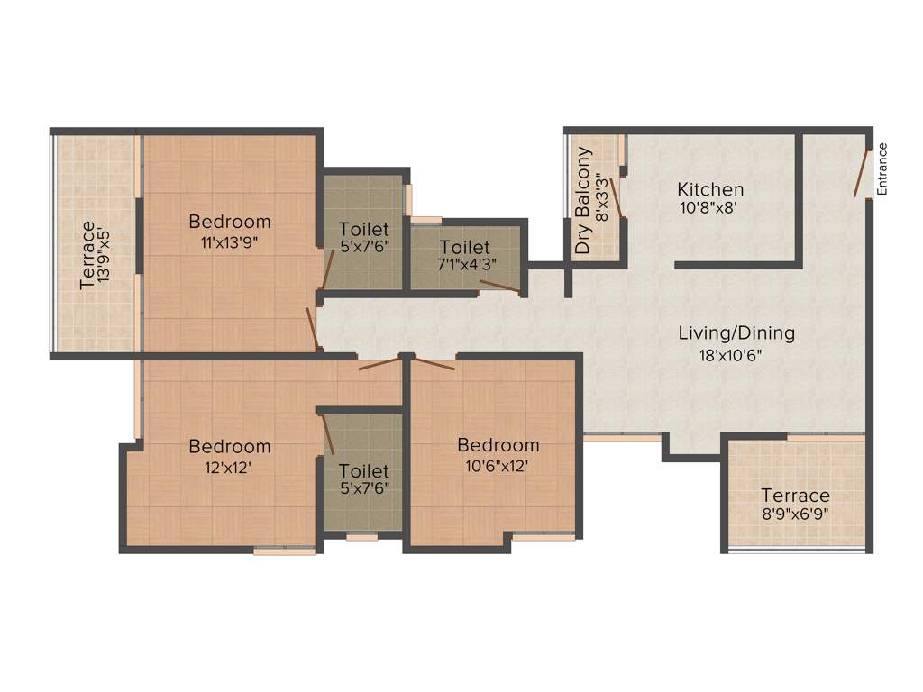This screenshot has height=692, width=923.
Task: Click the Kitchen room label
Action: [x=710, y=189]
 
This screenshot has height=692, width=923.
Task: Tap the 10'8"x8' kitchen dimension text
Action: [x=710, y=207]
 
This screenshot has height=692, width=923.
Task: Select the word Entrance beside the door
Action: [x=882, y=169]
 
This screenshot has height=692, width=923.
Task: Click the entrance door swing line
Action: [x=863, y=172]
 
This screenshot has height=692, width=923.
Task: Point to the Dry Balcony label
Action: [x=584, y=200]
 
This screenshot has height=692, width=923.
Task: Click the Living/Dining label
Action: [x=736, y=333]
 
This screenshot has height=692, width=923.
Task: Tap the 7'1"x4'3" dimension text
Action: [x=465, y=264]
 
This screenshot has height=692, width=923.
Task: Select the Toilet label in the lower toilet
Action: [x=364, y=471]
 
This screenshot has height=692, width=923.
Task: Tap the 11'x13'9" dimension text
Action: [x=229, y=241]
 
